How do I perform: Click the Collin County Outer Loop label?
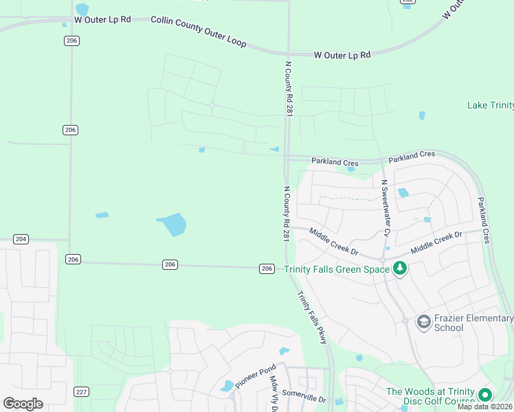pos(198,32)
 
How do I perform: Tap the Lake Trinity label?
pos(490,105)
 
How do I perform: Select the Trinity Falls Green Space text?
pos(337,269)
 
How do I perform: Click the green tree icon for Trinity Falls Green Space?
pos(399,268)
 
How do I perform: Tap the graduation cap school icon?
pos(424,321)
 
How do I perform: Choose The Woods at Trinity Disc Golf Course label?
pos(430,396)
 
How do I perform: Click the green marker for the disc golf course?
pos(485,395)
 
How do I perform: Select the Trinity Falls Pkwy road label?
pos(311,317)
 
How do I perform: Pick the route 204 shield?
pos(21,239)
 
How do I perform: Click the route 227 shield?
pos(82,392)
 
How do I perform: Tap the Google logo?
pos(23,404)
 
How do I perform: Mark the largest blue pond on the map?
pos(172,224)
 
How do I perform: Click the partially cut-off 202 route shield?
pos(407,2)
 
